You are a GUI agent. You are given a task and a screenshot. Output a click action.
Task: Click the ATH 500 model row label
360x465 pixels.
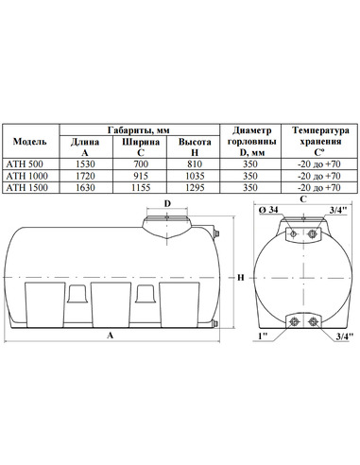[x=25, y=164]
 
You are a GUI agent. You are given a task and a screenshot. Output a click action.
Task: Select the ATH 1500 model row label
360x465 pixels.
[x=27, y=187]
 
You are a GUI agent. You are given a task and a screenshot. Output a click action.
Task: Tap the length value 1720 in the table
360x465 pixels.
[x=85, y=176]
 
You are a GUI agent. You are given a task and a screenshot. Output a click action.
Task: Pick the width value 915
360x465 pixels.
[x=141, y=176]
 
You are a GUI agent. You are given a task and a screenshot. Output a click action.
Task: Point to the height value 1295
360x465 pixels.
[x=195, y=187]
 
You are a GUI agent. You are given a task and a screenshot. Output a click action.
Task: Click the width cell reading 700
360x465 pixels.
[x=141, y=164]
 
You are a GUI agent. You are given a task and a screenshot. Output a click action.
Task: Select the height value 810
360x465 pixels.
[x=195, y=164]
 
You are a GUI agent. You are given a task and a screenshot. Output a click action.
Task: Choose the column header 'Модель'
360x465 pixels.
[x=30, y=142]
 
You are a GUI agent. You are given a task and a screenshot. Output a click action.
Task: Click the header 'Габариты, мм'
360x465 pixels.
[x=139, y=130]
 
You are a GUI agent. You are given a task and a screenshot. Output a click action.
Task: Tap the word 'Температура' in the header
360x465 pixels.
[x=320, y=130]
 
